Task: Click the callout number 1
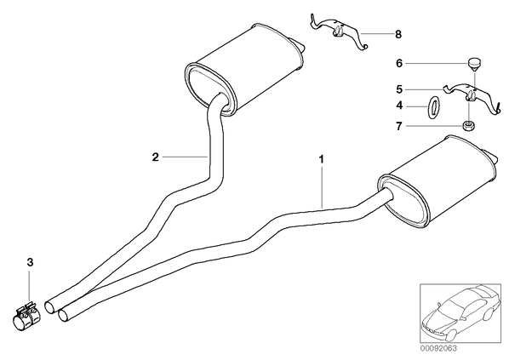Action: [x=322, y=159]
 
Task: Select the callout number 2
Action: [x=156, y=157]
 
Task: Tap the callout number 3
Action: [x=30, y=262]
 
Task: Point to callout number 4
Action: [x=399, y=106]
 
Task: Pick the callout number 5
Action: [x=399, y=89]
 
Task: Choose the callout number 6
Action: [x=399, y=63]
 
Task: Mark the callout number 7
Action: [x=399, y=126]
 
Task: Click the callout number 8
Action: [x=398, y=34]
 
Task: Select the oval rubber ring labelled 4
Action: [x=432, y=107]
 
